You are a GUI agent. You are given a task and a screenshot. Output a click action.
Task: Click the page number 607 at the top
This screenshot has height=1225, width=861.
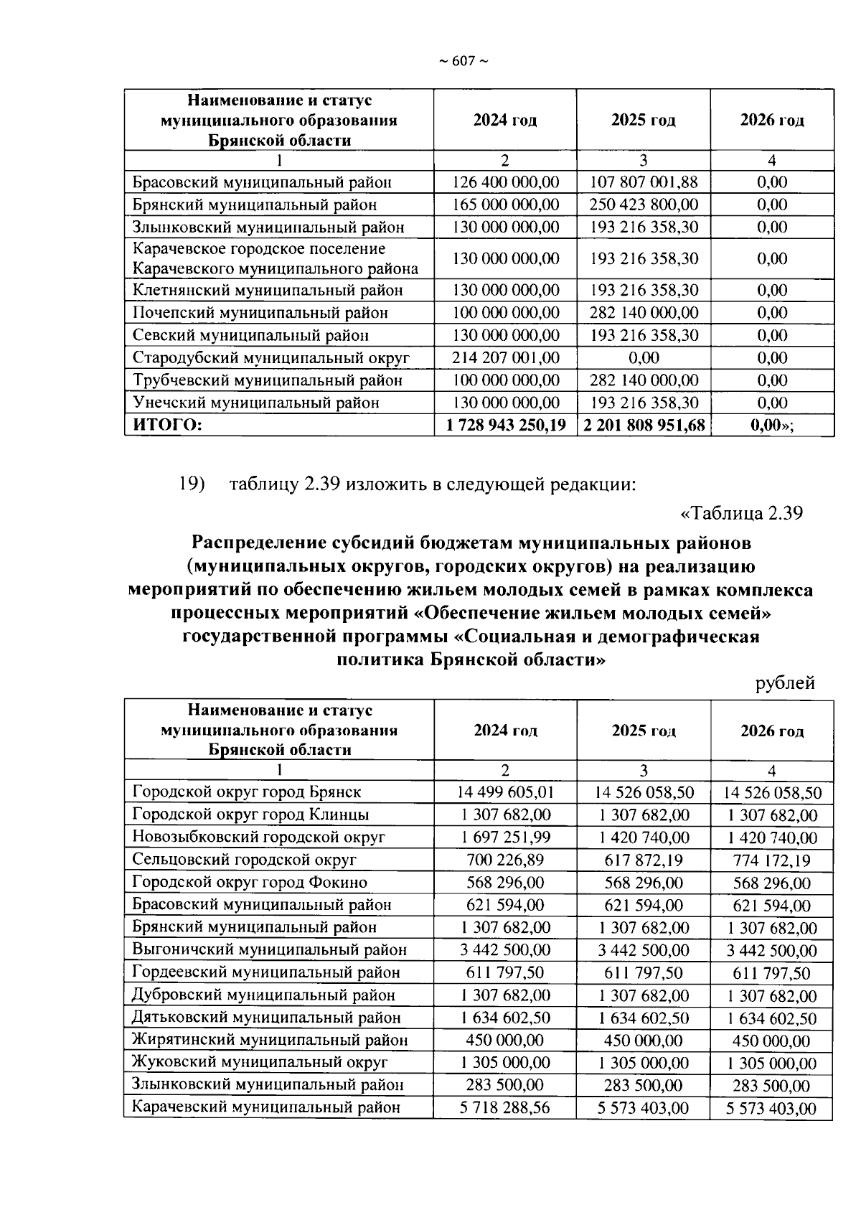point(463,62)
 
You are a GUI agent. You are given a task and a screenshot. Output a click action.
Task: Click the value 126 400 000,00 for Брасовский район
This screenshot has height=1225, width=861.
point(505,182)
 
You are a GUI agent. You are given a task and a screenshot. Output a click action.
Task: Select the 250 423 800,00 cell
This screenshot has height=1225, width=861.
point(643,205)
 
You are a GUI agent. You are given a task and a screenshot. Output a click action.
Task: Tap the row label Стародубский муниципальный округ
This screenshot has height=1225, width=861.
point(271,357)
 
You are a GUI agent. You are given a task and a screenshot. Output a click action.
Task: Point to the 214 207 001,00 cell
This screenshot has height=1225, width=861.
point(505,357)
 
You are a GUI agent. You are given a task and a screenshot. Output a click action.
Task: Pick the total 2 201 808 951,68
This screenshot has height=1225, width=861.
point(644,425)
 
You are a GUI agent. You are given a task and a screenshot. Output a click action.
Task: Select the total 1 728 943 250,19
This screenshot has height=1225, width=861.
point(505,425)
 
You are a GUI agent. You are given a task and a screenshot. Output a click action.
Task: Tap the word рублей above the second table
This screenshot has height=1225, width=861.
point(785,682)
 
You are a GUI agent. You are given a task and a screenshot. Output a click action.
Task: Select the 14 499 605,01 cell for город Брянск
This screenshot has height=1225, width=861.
point(505,792)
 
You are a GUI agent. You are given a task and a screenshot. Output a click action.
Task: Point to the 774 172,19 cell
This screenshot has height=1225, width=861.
point(772,860)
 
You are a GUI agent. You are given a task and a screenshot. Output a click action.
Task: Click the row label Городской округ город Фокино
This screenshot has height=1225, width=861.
point(250,882)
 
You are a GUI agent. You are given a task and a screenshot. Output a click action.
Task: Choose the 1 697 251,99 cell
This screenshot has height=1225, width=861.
point(505,837)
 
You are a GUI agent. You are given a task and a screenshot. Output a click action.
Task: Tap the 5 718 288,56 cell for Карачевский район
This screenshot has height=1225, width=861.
point(505,1107)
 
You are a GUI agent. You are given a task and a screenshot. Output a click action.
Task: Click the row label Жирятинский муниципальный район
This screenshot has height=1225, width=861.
point(270,1039)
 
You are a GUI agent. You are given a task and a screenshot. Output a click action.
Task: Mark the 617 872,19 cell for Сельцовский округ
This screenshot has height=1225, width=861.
point(644,860)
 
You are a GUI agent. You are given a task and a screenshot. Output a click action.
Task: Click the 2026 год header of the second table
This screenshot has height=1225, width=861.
point(772,731)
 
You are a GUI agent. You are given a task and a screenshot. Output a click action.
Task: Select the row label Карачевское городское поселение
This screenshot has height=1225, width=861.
point(259,249)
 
